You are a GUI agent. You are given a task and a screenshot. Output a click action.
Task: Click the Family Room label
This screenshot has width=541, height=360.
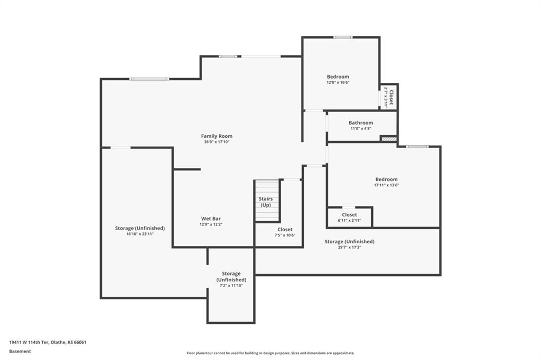tap(217, 136)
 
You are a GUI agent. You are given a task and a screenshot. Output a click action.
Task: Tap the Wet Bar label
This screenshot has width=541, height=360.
tap(211, 219)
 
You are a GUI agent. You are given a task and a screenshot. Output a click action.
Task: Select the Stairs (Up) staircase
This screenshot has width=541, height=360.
tap(267, 201)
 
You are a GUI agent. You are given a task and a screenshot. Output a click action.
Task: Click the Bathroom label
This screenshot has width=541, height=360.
tap(360, 123)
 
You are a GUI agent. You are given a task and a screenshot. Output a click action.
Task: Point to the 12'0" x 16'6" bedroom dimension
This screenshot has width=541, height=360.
tap(338, 82)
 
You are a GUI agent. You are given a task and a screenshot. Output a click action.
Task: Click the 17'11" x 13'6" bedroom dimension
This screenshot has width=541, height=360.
tap(386, 185)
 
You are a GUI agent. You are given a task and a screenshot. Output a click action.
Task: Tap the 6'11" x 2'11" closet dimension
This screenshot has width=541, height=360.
tap(350, 220)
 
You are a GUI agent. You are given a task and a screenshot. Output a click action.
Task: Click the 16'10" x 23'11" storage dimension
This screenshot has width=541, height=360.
tap(139, 234)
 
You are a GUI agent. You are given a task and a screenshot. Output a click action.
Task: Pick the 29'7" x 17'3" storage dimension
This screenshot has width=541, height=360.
tap(350, 247)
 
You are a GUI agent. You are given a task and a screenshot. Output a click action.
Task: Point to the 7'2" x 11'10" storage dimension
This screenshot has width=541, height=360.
tap(231, 286)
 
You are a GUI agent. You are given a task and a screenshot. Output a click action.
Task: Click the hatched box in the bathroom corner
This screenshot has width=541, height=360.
tap(388, 139)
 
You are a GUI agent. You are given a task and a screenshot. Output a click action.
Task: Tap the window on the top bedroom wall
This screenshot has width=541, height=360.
tap(343, 37)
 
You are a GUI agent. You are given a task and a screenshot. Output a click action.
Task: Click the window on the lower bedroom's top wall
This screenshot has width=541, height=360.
tap(417, 147)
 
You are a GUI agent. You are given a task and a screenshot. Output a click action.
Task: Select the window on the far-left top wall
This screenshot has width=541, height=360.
tap(150, 79)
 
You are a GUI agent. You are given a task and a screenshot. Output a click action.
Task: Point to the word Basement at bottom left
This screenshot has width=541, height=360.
tap(20, 352)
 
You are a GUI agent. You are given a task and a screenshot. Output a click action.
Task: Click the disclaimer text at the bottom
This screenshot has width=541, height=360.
tap(270, 353)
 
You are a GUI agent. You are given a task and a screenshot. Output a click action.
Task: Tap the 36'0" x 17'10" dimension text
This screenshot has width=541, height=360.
tap(217, 141)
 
